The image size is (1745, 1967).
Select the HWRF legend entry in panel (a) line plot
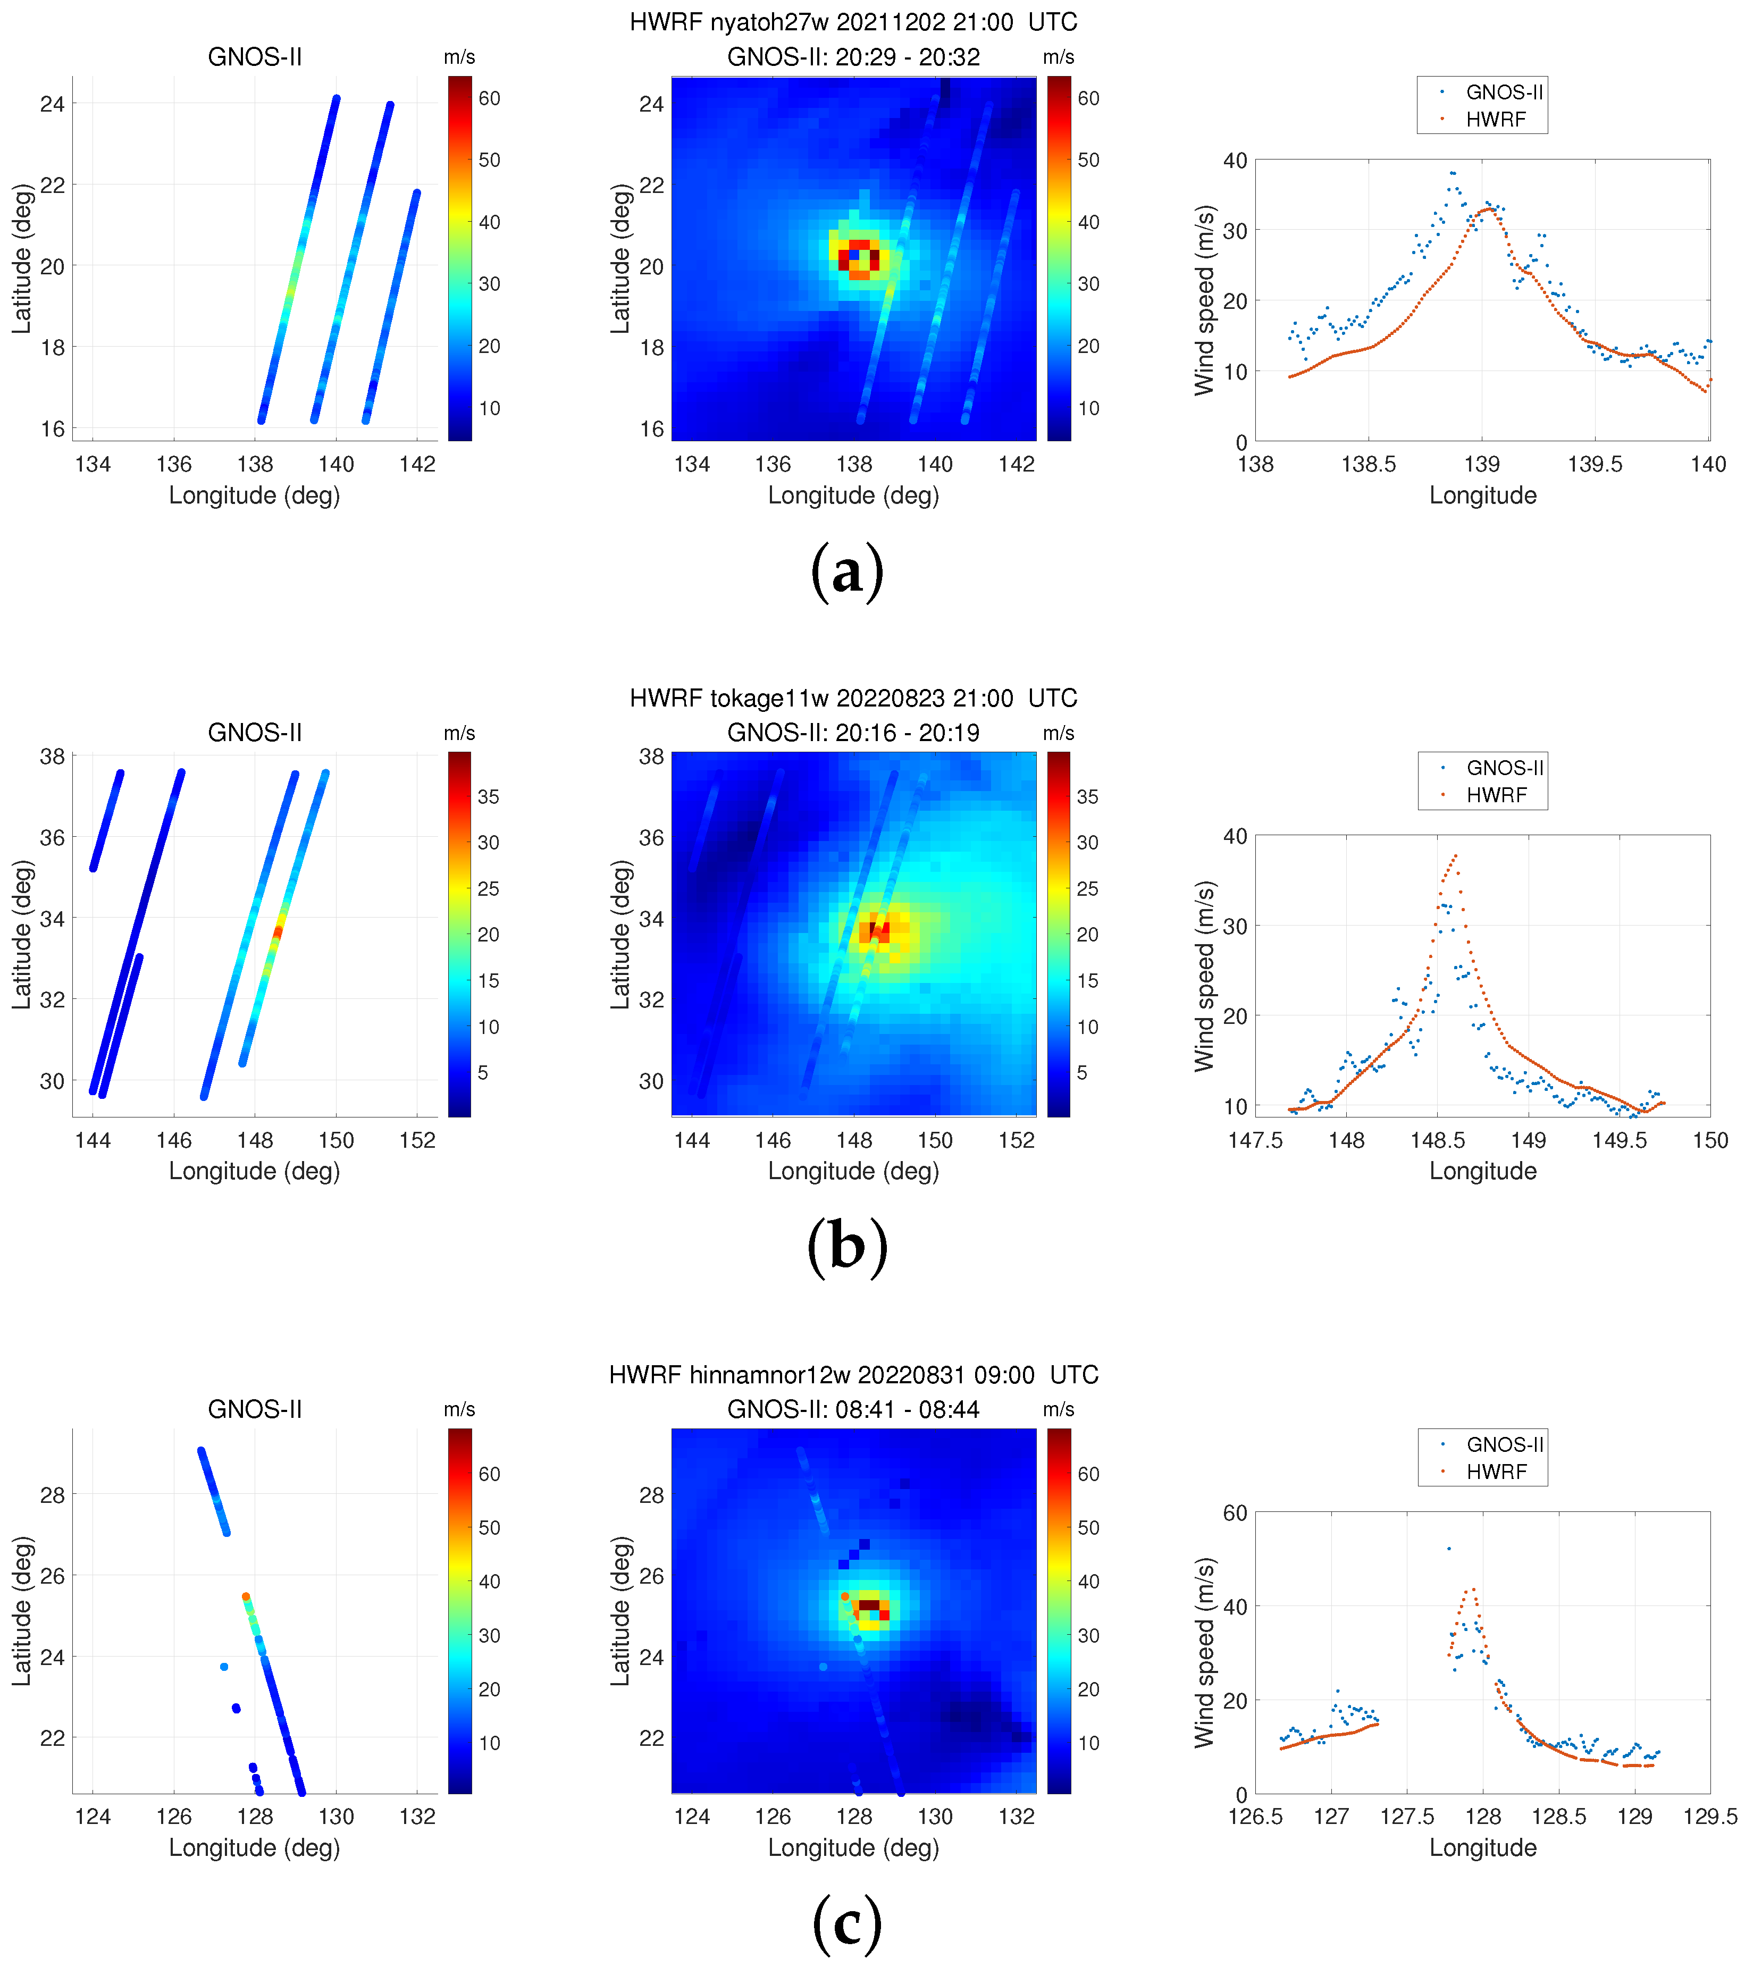tap(1495, 119)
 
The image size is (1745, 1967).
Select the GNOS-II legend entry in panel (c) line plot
tap(1504, 1444)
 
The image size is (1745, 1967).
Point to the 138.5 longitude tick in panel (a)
tap(1368, 465)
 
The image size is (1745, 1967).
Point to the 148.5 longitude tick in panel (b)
tap(1437, 1140)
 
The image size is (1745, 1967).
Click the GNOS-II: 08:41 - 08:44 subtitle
tap(853, 1410)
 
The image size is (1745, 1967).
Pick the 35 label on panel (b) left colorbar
tap(488, 797)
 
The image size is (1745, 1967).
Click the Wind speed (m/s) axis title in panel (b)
tap(1204, 976)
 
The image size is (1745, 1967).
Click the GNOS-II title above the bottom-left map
tap(255, 1410)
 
